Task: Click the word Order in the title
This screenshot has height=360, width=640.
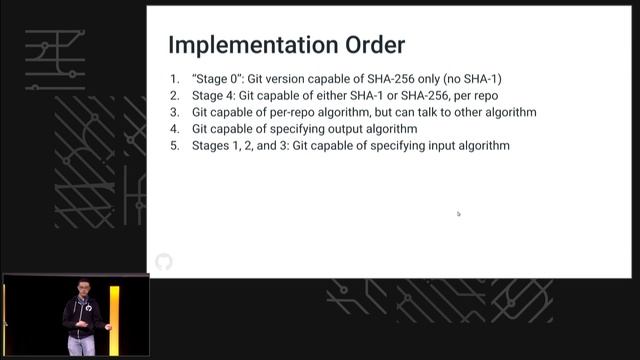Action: tap(374, 46)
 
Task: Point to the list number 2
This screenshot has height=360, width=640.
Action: tap(174, 95)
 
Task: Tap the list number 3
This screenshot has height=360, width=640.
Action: tap(174, 112)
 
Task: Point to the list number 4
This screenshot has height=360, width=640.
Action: tap(174, 129)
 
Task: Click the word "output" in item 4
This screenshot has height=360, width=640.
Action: tap(335, 129)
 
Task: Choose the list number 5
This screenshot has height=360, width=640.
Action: tap(174, 146)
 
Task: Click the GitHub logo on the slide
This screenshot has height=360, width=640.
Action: tap(164, 262)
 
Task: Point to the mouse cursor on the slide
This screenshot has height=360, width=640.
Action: tap(458, 213)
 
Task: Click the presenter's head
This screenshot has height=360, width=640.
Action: tap(83, 290)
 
